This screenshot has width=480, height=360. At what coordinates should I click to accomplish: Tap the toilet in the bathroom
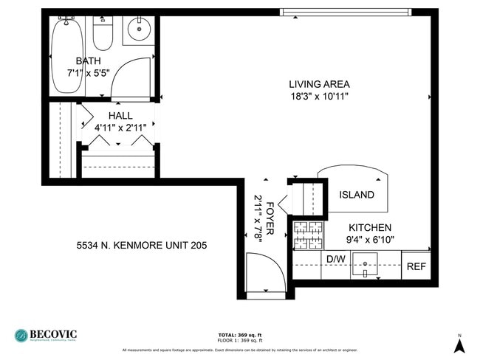tap(102, 33)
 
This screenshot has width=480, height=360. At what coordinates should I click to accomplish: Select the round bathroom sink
tap(138, 30)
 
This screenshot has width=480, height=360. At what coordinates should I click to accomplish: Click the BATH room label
tap(89, 60)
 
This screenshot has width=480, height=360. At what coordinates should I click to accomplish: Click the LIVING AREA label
tap(319, 84)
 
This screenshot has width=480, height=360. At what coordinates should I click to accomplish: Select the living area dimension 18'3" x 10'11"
tap(319, 96)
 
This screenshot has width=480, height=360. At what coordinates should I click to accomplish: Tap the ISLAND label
tap(357, 195)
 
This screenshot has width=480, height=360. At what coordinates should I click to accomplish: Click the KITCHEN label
tap(370, 228)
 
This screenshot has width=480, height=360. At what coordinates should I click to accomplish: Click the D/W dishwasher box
tap(336, 259)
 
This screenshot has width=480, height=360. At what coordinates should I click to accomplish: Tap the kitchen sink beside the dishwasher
tap(365, 263)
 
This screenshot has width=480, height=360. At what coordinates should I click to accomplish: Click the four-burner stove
tap(307, 235)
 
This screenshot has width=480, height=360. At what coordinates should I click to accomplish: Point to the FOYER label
tap(271, 218)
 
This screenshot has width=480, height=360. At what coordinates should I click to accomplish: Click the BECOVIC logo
tap(46, 335)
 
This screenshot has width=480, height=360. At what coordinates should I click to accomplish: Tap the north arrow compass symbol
tap(459, 343)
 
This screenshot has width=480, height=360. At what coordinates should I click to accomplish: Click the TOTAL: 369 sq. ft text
tap(240, 334)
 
